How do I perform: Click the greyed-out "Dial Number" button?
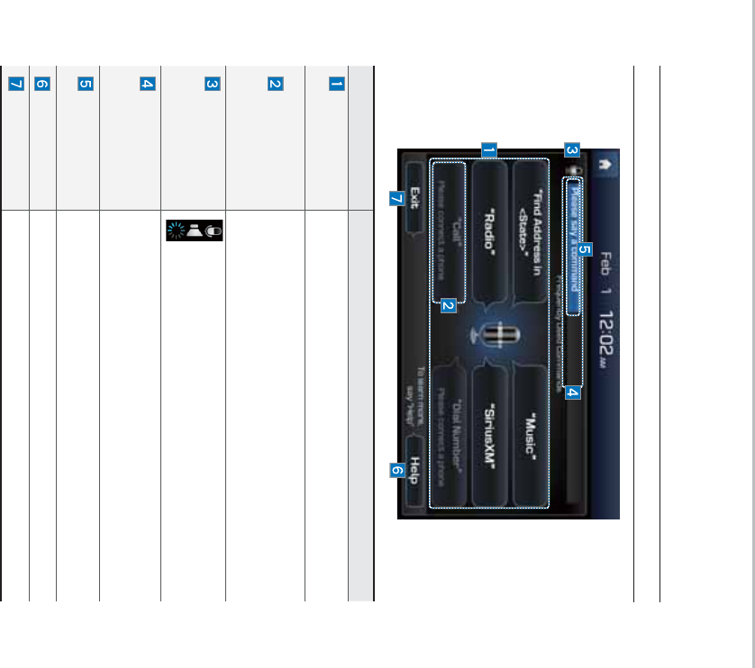point(450,437)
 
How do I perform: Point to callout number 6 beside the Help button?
point(397,470)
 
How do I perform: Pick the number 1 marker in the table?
point(337,85)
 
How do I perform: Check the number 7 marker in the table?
point(15,85)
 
